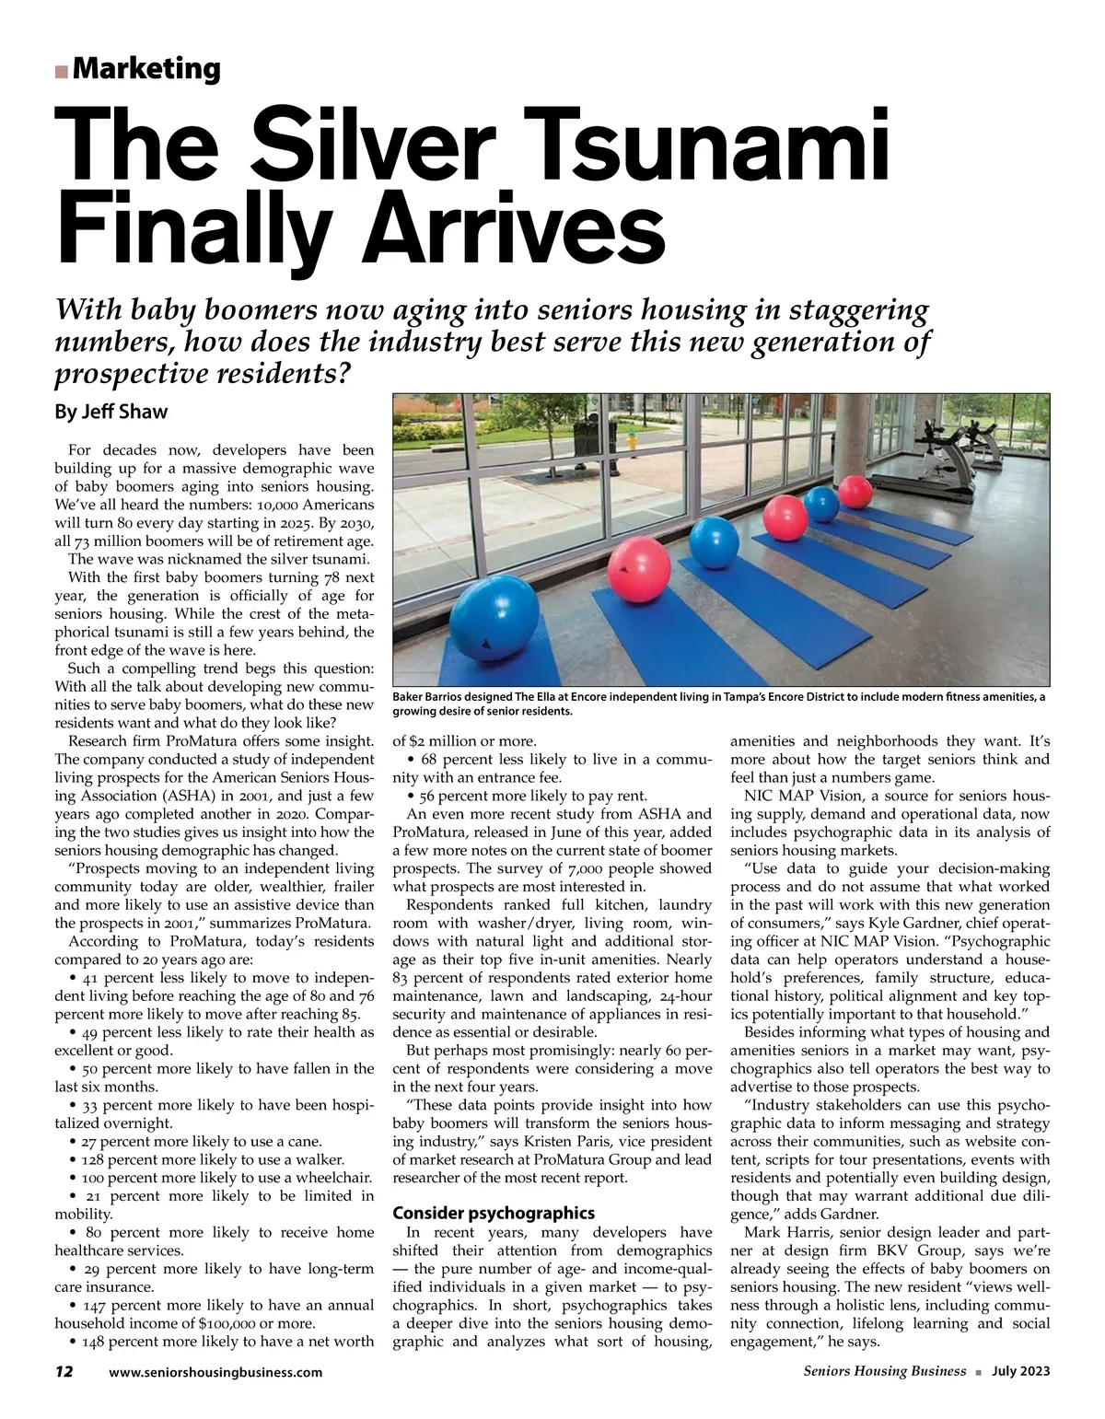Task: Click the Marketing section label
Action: pos(145,69)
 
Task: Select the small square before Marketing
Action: pos(62,71)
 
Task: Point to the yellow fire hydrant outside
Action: pos(631,442)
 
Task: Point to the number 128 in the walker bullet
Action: pos(96,1159)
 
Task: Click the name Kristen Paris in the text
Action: pos(553,1142)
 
